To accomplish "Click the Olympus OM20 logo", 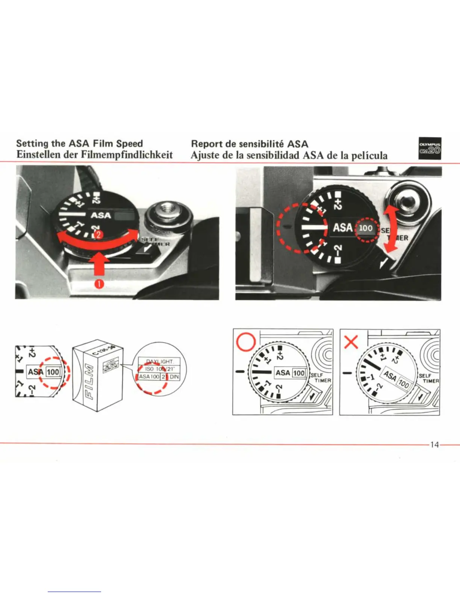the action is pos(430,149).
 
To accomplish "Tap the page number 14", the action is pos(434,445).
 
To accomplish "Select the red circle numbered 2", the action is pos(97,236).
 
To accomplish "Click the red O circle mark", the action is pos(245,342).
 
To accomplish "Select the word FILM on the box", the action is pos(87,381).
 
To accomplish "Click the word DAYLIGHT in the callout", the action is pos(159,361).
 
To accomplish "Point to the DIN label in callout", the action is pos(174,376).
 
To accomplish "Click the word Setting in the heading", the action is pos(32,143).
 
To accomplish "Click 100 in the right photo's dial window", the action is pos(366,228).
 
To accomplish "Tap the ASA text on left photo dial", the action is pos(101,216).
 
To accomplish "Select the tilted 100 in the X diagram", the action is pos(404,384).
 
